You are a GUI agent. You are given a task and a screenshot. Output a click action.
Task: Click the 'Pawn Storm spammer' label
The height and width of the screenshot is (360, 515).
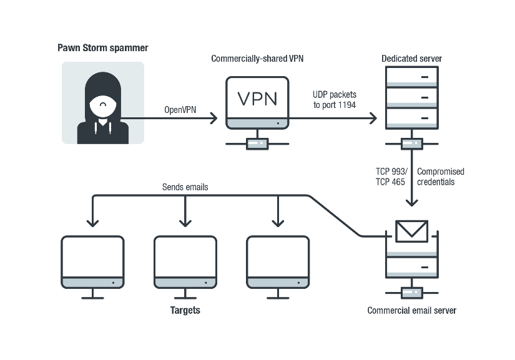pyautogui.click(x=103, y=47)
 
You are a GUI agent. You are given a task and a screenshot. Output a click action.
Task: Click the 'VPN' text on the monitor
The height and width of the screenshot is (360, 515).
pyautogui.click(x=257, y=99)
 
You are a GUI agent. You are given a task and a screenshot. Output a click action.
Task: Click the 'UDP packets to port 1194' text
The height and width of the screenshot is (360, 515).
pyautogui.click(x=334, y=100)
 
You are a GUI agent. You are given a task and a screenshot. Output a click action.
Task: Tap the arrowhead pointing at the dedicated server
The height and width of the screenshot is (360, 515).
pyautogui.click(x=374, y=117)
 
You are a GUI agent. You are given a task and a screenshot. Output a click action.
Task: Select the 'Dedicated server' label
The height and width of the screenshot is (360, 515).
pyautogui.click(x=411, y=59)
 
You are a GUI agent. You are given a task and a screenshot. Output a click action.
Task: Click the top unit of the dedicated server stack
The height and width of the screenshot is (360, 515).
pyautogui.click(x=411, y=77)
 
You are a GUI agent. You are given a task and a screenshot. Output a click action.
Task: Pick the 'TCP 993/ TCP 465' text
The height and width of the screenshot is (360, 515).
pyautogui.click(x=392, y=177)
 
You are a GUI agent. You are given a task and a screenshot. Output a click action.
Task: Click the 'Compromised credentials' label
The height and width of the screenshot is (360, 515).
pyautogui.click(x=440, y=177)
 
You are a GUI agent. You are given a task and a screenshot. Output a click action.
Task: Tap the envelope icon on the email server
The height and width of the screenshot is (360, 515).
pyautogui.click(x=411, y=231)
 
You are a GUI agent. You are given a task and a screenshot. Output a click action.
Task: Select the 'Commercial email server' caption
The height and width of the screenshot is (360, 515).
pyautogui.click(x=411, y=310)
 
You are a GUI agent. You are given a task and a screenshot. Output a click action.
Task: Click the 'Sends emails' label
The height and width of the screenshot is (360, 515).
pyautogui.click(x=185, y=187)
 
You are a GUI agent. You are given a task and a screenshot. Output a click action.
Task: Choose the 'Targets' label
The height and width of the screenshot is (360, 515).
pyautogui.click(x=185, y=310)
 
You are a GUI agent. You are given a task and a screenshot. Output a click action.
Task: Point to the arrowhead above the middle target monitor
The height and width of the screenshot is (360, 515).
pyautogui.click(x=185, y=222)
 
